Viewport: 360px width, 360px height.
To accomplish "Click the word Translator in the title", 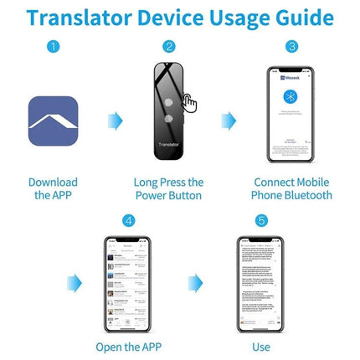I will (x=80, y=18).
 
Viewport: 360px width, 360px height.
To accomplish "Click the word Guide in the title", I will (x=300, y=18).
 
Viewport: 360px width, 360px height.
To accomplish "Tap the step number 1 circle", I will (x=54, y=47).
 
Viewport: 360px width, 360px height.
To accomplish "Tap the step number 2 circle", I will (x=169, y=47).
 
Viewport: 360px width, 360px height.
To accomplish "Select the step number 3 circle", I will (x=291, y=47).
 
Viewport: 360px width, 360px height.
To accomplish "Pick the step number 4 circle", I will (x=127, y=221).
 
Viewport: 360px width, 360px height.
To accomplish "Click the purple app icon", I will (x=54, y=121).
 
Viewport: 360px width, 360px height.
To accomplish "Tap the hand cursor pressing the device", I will (x=190, y=103).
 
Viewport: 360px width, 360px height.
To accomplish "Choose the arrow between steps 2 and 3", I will (x=228, y=121).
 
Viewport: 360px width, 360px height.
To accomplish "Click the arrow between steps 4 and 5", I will (x=195, y=282).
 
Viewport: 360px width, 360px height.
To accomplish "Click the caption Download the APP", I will (x=54, y=188).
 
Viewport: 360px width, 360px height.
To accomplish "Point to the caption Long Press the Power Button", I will (x=168, y=188).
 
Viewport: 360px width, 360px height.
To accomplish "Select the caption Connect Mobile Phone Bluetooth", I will (x=291, y=188).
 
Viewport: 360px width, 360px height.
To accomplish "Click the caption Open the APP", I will (x=127, y=346).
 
